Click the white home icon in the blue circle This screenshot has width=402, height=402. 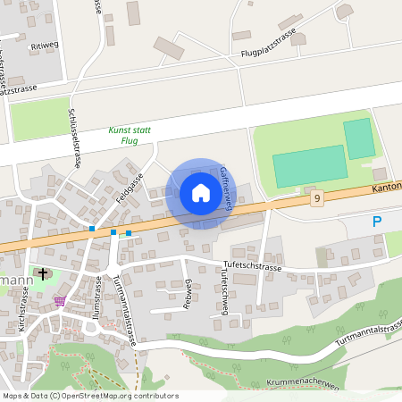200,193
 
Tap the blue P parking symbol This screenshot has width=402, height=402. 377,222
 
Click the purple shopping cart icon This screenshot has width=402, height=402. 60,301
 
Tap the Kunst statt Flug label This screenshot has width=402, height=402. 130,135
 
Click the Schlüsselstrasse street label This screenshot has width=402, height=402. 75,138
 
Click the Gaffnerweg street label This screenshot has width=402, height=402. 225,188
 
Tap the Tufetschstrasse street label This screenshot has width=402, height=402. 251,267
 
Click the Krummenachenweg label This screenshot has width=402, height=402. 304,382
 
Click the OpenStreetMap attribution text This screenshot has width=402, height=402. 89,396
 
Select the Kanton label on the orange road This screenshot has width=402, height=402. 386,187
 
